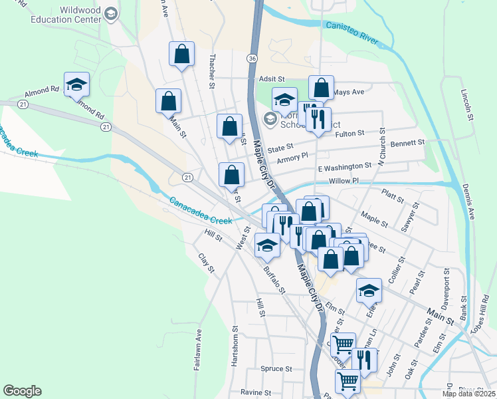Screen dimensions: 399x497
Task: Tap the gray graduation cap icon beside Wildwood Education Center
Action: tap(111, 13)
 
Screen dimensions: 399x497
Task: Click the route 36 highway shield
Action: tap(252, 59)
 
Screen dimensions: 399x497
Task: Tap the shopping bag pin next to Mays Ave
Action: tap(321, 88)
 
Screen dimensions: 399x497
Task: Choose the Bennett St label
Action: tap(407, 142)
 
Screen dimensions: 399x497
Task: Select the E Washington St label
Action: tap(344, 166)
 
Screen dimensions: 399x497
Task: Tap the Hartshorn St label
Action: tap(235, 346)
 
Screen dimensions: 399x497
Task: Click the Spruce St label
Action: tap(276, 368)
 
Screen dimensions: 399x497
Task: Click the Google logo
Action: tap(23, 391)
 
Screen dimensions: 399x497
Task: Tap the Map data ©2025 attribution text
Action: tap(468, 394)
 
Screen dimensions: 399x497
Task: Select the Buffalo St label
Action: tap(274, 280)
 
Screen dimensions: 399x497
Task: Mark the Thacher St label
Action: tap(212, 72)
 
